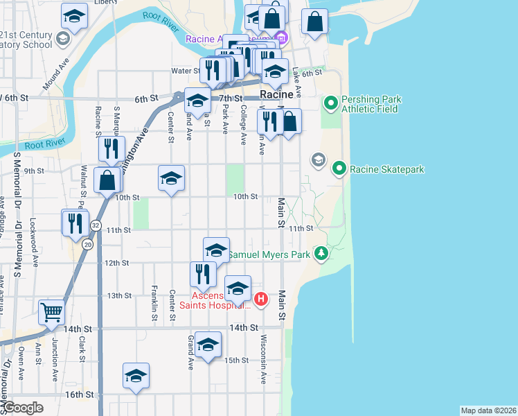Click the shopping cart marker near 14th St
pyautogui.click(x=51, y=313)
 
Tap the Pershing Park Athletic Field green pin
pyautogui.click(x=331, y=104)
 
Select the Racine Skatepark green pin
pyautogui.click(x=339, y=168)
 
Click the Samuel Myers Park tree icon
pyautogui.click(x=321, y=254)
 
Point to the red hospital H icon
pyautogui.click(x=261, y=300)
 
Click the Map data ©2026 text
pyautogui.click(x=488, y=410)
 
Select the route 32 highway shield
pyautogui.click(x=96, y=226)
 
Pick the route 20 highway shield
pyautogui.click(x=87, y=244)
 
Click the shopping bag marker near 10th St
pyautogui.click(x=107, y=180)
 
